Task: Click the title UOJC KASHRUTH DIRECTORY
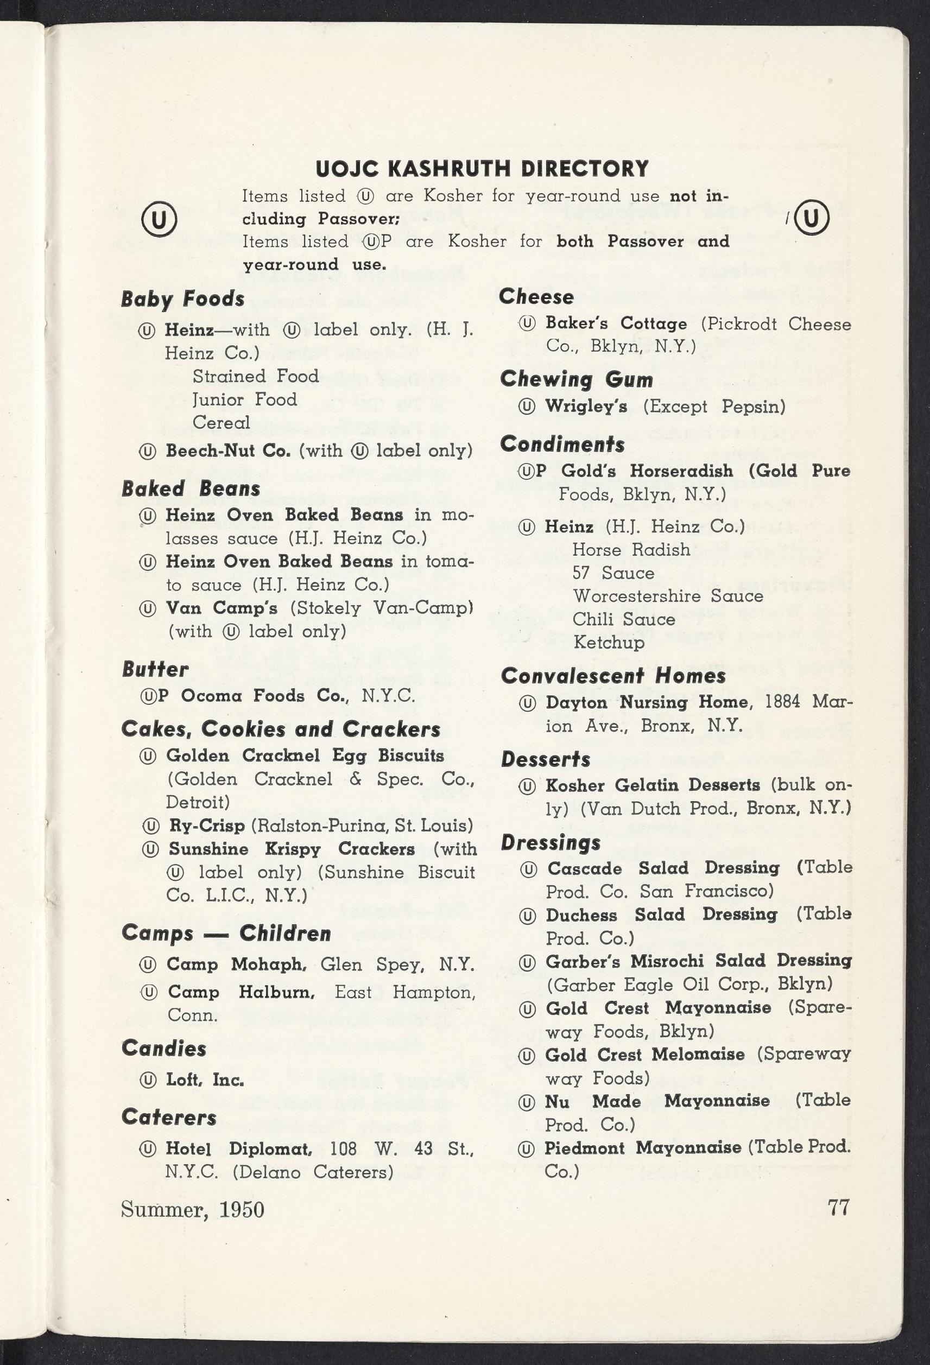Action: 482,169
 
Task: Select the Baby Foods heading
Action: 183,299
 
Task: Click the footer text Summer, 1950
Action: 193,1209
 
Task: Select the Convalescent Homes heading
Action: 613,676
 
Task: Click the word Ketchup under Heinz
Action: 609,643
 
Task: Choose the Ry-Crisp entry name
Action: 207,826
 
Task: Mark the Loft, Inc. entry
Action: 205,1080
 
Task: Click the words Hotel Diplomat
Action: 238,1149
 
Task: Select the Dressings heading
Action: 551,843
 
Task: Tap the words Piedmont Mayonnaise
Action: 643,1148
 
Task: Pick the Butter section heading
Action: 155,669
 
